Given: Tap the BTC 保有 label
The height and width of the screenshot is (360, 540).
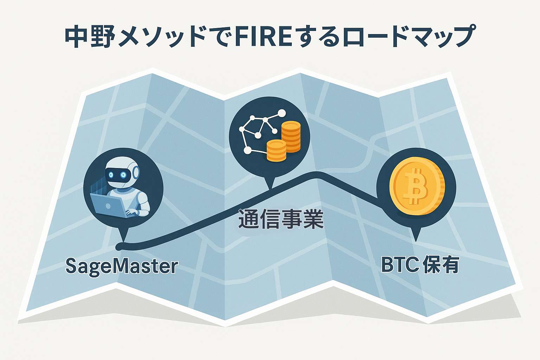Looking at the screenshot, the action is (420, 265).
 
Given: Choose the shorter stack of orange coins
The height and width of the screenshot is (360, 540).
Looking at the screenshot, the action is (277, 150).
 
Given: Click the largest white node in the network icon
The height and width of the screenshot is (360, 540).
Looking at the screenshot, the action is (282, 113).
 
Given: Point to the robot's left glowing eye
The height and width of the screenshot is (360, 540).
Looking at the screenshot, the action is (111, 174).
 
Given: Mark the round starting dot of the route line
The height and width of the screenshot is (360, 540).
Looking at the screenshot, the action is (118, 247).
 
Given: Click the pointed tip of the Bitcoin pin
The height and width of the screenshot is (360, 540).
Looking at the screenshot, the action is (416, 242).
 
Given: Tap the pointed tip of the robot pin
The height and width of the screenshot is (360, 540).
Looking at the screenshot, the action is (123, 242).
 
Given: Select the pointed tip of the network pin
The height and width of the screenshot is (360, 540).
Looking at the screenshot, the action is (270, 188).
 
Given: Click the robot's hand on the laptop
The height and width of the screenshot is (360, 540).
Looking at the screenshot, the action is (131, 212).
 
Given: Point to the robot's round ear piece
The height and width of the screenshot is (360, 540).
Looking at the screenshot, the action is (136, 172).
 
